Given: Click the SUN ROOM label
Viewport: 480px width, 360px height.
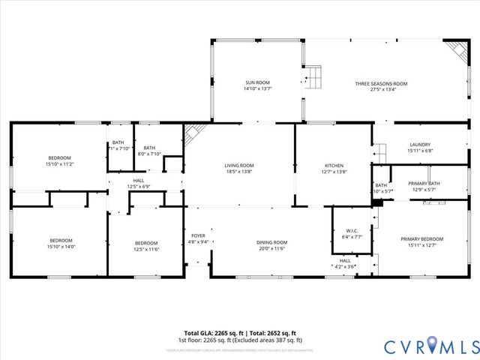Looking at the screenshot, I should click(x=256, y=82).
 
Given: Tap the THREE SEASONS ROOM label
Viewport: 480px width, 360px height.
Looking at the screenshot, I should click(x=381, y=82).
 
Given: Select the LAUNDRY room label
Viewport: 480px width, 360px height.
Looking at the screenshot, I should click(x=419, y=145).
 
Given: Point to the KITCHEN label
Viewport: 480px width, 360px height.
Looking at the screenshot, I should click(x=334, y=165).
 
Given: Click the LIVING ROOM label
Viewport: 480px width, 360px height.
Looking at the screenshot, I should click(x=239, y=165).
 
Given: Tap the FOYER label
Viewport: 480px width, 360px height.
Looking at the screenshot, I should click(x=198, y=235).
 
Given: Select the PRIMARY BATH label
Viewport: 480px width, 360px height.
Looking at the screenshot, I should click(x=424, y=183).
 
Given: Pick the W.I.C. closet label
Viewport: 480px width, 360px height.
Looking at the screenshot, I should click(x=352, y=230).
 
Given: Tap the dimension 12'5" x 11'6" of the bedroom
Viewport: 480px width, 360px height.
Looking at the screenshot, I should click(x=146, y=248).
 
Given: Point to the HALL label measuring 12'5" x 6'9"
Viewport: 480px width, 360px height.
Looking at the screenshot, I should click(x=139, y=180).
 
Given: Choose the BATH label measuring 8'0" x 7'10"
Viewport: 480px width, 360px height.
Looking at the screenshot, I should click(x=149, y=148).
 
